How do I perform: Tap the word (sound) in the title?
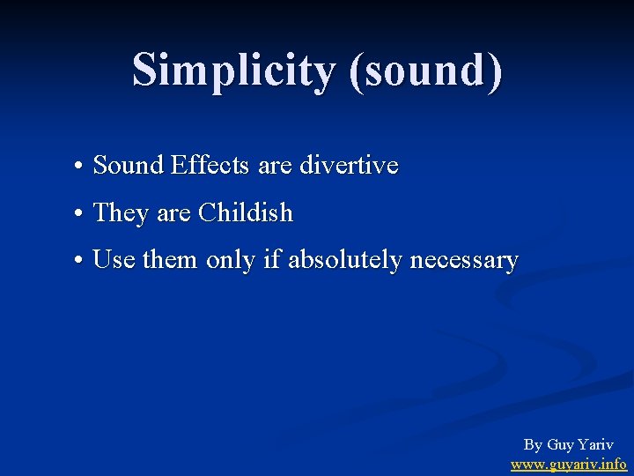[x=426, y=70]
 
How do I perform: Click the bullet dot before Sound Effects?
[x=79, y=167]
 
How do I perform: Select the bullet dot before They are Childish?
[x=79, y=214]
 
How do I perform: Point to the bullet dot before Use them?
[x=79, y=261]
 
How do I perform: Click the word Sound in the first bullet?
[x=129, y=165]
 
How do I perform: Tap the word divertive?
[x=350, y=165]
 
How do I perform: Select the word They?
[x=122, y=212]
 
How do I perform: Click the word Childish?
[x=246, y=212]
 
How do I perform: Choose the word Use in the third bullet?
[x=114, y=260]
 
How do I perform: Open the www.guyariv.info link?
[x=569, y=464]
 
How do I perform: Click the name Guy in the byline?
[x=561, y=445]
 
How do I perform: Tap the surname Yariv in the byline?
[x=597, y=445]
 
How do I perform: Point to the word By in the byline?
[x=533, y=445]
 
